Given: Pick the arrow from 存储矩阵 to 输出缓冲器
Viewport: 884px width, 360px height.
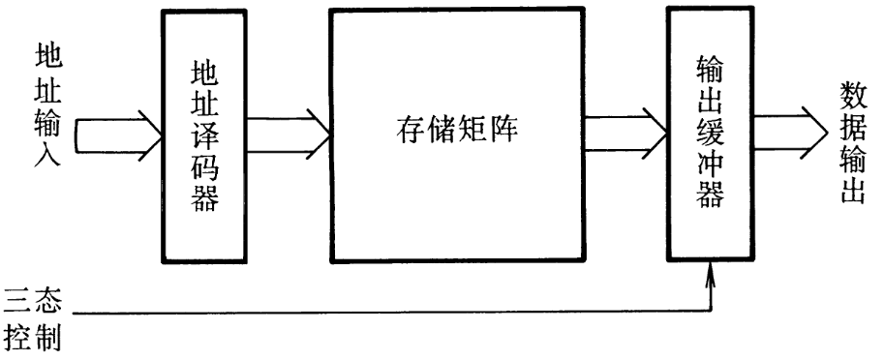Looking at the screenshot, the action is click(625, 131).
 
